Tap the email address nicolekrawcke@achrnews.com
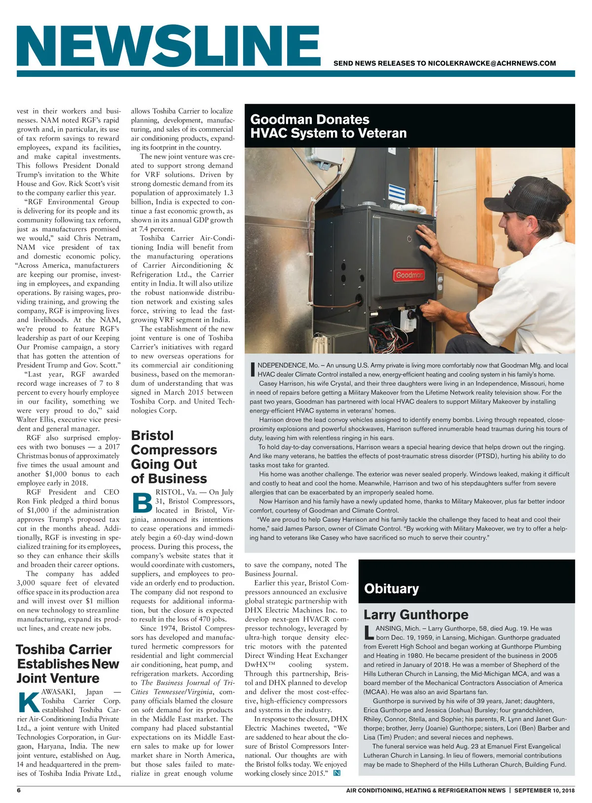coord(492,63)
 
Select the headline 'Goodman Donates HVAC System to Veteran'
coord(329,126)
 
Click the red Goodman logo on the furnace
coord(408,275)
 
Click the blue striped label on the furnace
coord(397,193)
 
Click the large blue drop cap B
coord(143,503)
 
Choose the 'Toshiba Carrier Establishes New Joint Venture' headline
coord(68,663)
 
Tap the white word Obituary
coord(391,588)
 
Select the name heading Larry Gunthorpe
coord(416,615)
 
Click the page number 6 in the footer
coord(19,790)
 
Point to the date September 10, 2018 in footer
coord(544,790)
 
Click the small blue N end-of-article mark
coord(337,773)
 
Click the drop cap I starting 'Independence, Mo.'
coord(253,369)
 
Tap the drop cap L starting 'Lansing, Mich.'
coord(368,633)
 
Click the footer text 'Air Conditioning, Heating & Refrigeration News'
coord(426,790)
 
